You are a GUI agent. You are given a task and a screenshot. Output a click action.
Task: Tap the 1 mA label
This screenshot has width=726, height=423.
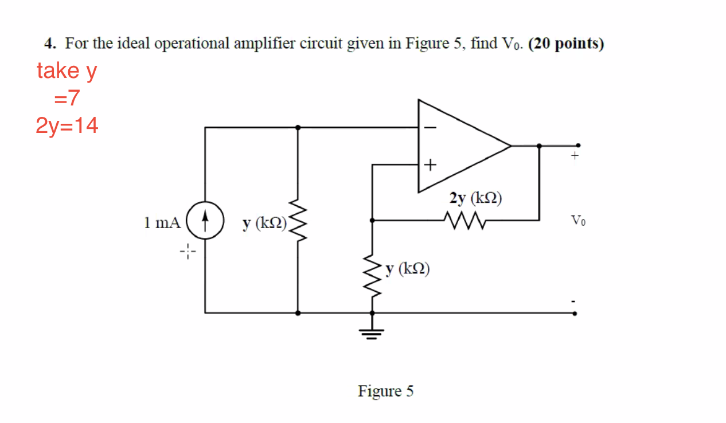point(162,222)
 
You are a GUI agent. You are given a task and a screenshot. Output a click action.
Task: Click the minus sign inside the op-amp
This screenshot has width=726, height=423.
point(431,127)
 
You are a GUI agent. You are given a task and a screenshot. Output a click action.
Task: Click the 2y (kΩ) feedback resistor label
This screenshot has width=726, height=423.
point(475,198)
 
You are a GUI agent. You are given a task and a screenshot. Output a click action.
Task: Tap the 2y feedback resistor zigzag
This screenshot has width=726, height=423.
point(464,220)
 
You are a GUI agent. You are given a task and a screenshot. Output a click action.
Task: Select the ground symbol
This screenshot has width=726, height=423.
point(372,332)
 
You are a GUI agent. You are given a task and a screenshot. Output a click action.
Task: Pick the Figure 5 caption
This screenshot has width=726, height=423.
point(385,391)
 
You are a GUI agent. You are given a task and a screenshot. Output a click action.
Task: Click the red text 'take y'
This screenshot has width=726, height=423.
point(67,71)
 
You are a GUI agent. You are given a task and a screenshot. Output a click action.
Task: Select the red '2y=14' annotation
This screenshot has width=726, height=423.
point(67,126)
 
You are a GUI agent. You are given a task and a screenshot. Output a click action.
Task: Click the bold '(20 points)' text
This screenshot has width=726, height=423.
point(566,44)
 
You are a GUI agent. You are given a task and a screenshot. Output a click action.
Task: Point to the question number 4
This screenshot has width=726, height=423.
point(50,44)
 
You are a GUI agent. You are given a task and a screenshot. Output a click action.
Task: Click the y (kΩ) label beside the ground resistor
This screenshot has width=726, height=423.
point(408,268)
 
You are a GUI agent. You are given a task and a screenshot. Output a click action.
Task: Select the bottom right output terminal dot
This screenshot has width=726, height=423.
point(576,313)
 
